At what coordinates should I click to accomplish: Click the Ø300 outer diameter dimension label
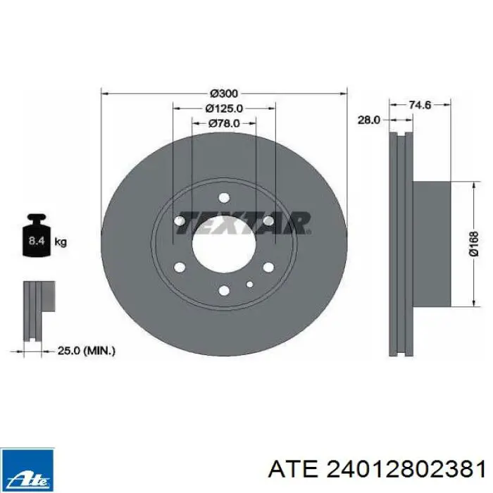(224, 94)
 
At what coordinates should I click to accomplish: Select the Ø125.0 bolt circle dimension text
(224, 108)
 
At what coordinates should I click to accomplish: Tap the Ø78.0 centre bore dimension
(224, 123)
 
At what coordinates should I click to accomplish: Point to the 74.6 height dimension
(420, 105)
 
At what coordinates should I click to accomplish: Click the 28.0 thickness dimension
(369, 120)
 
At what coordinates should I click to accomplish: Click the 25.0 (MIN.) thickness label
(87, 351)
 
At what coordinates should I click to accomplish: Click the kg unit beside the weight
(61, 242)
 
